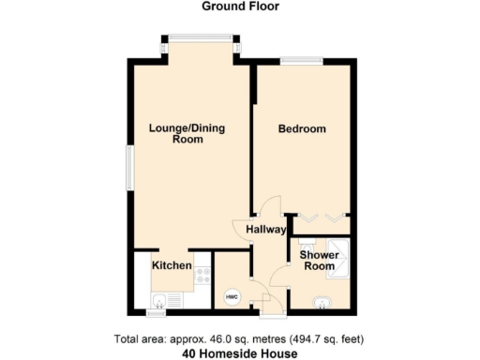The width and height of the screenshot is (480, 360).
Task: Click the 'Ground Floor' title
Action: pyautogui.click(x=240, y=7)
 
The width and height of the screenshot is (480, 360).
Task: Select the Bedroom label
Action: pyautogui.click(x=302, y=128)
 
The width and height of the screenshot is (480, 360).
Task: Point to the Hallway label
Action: pyautogui.click(x=266, y=229)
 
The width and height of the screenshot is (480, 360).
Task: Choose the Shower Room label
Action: pyautogui.click(x=317, y=261)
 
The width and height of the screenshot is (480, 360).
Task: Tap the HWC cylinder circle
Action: pyautogui.click(x=231, y=296)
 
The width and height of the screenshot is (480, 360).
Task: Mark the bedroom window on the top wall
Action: pyautogui.click(x=303, y=61)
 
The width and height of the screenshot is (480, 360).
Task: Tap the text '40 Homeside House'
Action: pyautogui.click(x=239, y=353)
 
